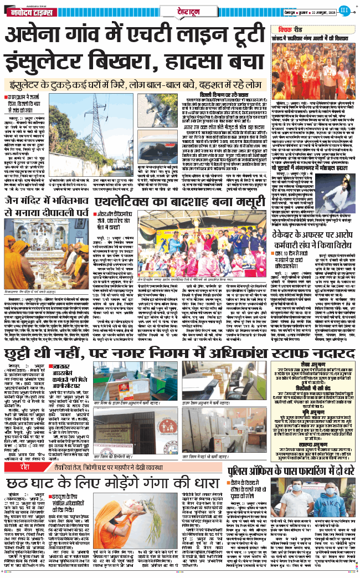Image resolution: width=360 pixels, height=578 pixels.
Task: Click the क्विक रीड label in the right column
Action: [x=283, y=30]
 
